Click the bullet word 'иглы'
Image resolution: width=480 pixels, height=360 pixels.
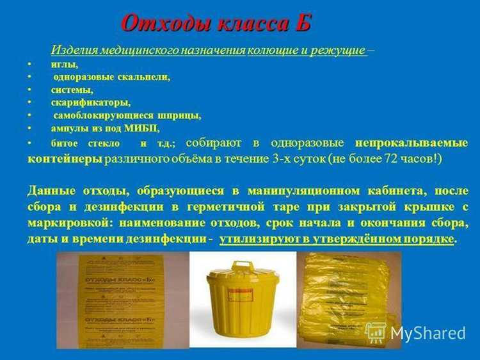(x=64, y=64)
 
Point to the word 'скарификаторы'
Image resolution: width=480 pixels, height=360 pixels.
(x=90, y=102)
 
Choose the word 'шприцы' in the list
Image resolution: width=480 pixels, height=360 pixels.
(x=180, y=115)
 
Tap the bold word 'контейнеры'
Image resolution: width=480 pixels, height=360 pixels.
(x=65, y=158)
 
